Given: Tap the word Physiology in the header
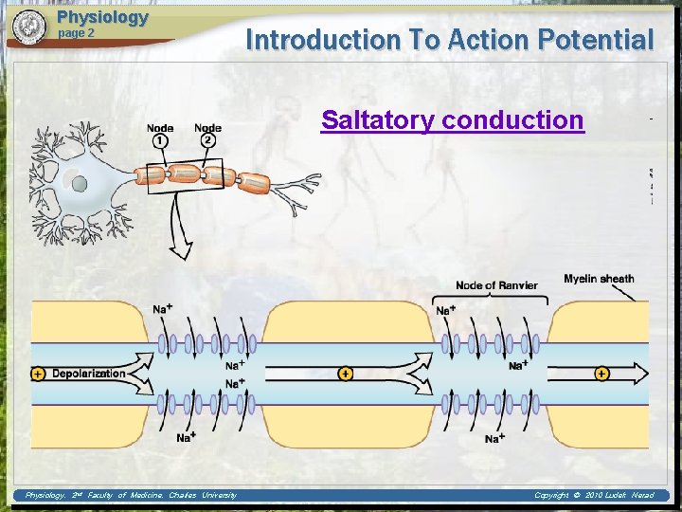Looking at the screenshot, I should (102, 17).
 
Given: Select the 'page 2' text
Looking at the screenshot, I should (77, 33).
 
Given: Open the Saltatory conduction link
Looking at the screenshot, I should (452, 120).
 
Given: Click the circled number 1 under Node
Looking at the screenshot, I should (160, 140).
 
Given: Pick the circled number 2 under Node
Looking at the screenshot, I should (207, 140).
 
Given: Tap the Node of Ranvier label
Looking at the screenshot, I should (496, 285).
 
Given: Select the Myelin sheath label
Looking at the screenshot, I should (599, 278).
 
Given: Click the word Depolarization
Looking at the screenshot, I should (88, 374).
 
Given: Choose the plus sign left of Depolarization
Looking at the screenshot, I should (38, 374).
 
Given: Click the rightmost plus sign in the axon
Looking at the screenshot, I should (602, 374).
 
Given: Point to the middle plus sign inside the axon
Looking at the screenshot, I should (345, 374).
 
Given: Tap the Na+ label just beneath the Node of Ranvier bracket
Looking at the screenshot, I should (443, 311).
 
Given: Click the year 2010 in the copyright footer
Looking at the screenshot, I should (593, 495).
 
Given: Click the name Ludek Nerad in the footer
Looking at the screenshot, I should (632, 495).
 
